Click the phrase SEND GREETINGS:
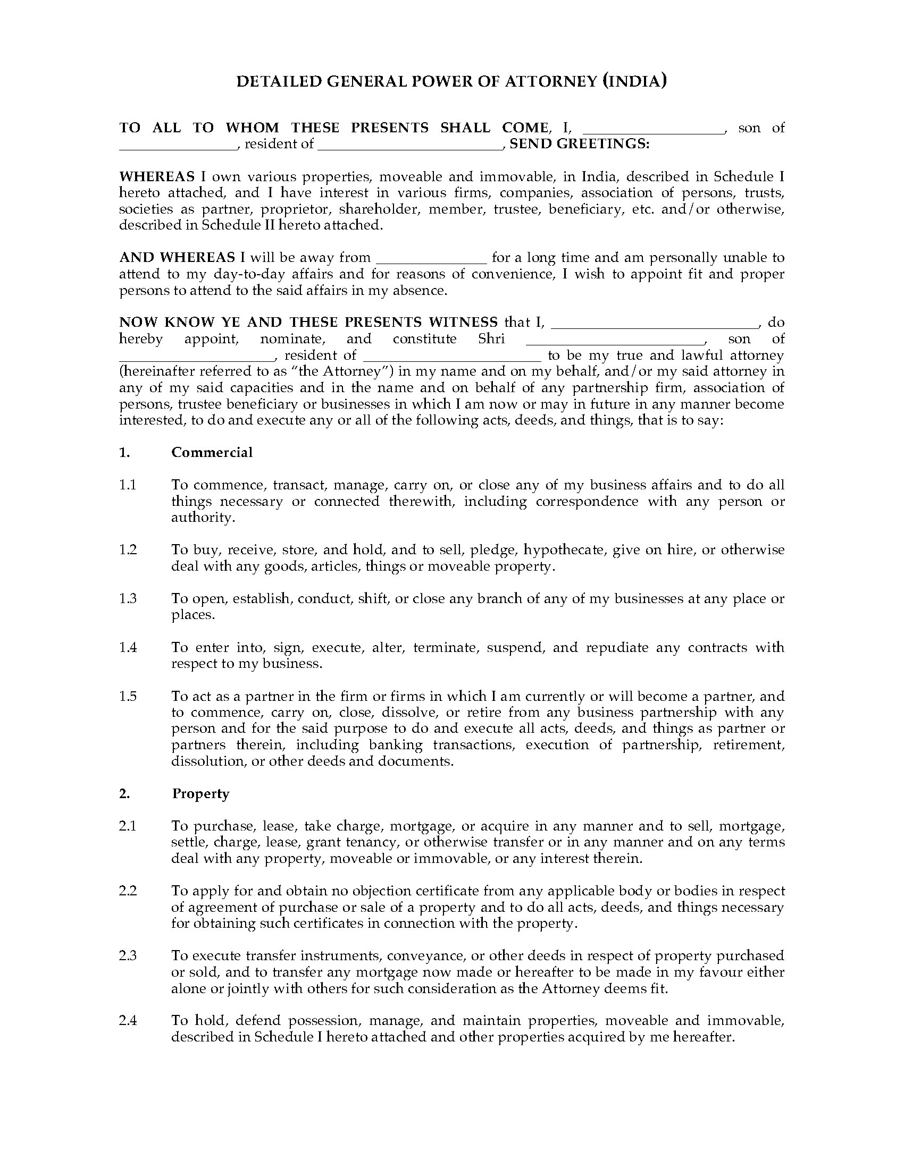click(x=580, y=144)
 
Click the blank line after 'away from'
click(x=431, y=259)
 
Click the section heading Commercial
click(x=212, y=452)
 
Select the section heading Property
click(x=200, y=793)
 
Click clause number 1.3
click(x=128, y=598)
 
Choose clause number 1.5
click(x=128, y=696)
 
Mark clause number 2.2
click(x=128, y=891)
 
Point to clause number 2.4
click(x=128, y=1021)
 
